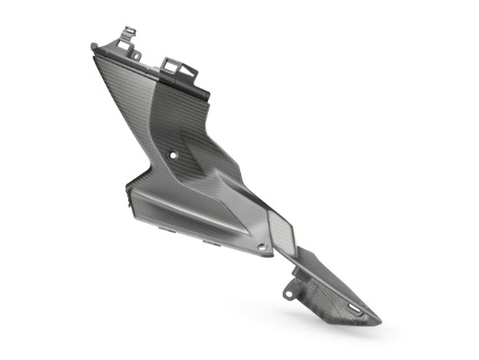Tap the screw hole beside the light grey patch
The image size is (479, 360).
(x=261, y=247)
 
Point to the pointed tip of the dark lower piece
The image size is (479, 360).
(x=378, y=321)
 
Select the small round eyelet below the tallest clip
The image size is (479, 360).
(x=133, y=55)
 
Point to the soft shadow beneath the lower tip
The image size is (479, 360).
(x=369, y=331)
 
